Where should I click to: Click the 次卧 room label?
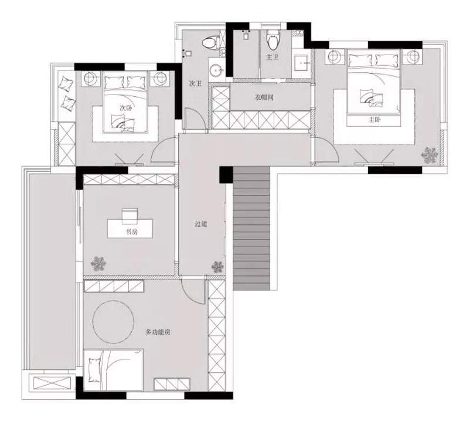[x=126, y=108]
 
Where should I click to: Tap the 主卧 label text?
[x=374, y=120]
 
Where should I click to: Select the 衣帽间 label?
[x=264, y=97]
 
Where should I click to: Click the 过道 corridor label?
[x=201, y=224]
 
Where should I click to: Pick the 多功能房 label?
[x=158, y=332]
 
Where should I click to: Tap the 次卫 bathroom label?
[x=195, y=83]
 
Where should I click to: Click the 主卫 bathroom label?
[x=273, y=57]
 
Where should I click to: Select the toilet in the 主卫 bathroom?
[x=272, y=40]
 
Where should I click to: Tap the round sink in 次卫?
[x=216, y=71]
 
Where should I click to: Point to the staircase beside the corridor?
[x=251, y=228]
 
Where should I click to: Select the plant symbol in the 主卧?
[x=430, y=155]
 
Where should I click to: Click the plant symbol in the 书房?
[x=98, y=264]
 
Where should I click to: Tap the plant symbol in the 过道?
[x=217, y=267]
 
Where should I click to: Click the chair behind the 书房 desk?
[x=130, y=216]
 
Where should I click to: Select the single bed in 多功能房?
[x=113, y=370]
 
